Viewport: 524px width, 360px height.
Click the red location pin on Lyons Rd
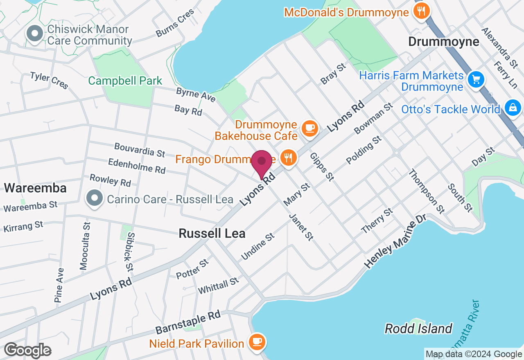coord(262,163)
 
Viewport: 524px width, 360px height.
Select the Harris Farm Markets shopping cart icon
coord(476,79)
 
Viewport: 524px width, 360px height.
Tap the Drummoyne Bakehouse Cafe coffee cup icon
coord(310,128)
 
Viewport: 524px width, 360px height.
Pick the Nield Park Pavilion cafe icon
coord(257,342)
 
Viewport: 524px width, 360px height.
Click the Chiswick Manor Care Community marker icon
coord(35,33)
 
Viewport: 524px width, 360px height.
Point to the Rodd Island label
coord(418,328)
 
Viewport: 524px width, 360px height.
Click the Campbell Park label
coord(125,81)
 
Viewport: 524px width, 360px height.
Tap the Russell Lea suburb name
coord(212,233)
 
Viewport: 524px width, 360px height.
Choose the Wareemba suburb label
coord(35,188)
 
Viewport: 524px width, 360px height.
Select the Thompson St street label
coord(426,191)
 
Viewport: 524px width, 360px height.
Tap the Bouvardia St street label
coord(140,150)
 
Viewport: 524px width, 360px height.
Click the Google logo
coord(27,351)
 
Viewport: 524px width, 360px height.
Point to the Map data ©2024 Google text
coord(474,354)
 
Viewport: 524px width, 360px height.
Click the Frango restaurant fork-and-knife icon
coord(289,157)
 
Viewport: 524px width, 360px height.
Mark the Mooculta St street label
coord(85,246)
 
